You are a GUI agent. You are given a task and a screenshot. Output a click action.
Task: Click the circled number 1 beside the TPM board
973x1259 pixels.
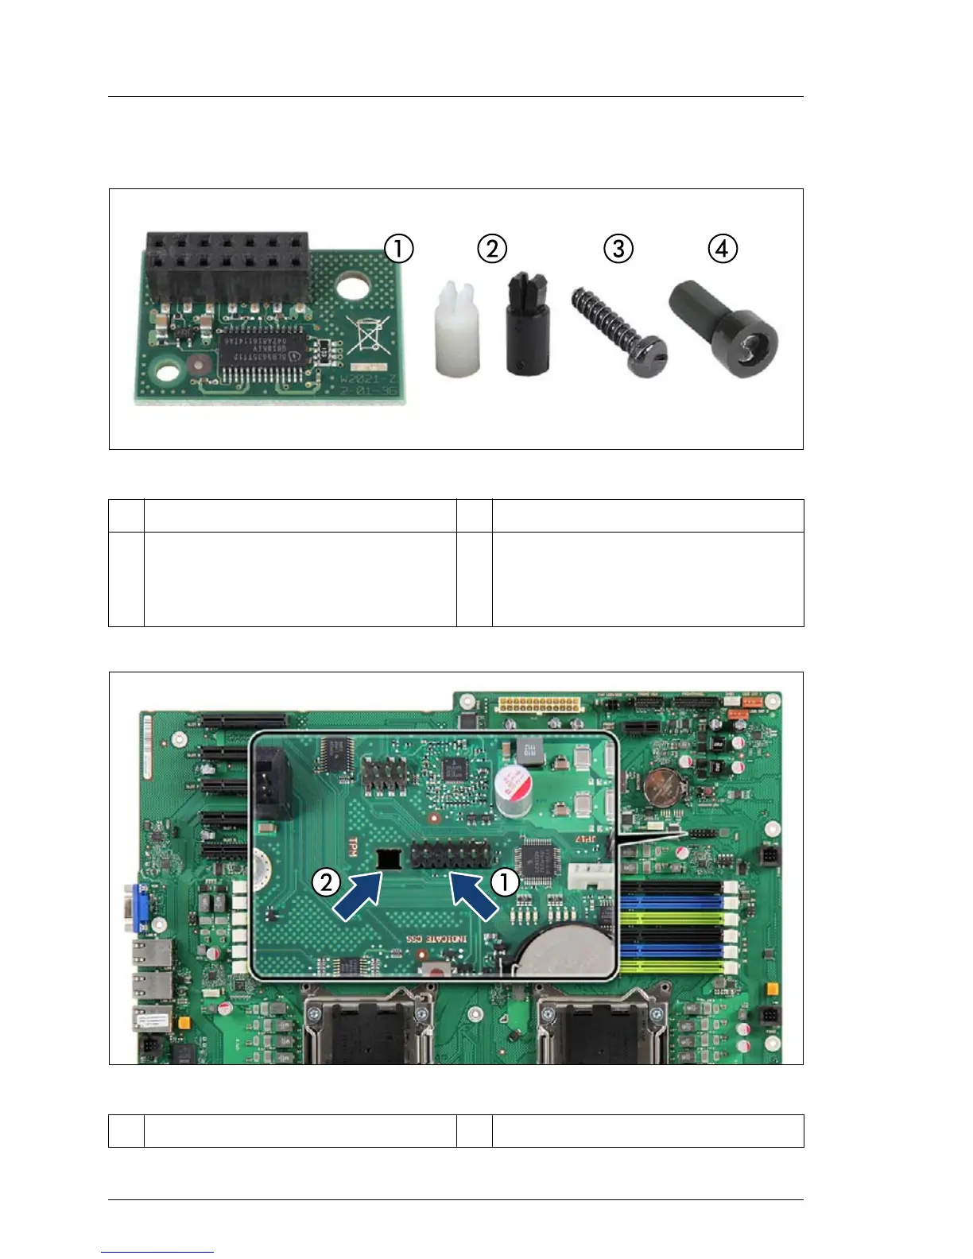[x=398, y=249]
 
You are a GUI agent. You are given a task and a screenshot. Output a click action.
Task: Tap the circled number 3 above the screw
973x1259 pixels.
[x=618, y=249]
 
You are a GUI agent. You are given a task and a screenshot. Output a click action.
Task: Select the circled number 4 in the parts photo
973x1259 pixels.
[x=722, y=249]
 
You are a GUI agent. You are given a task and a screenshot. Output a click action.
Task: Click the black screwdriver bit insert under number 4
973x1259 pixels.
[x=724, y=329]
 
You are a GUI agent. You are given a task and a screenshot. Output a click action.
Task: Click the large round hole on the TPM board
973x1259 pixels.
[x=355, y=286]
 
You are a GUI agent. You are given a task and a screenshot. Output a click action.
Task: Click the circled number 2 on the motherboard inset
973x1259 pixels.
[x=327, y=881]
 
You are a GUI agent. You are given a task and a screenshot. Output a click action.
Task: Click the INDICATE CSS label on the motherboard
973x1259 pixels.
[x=436, y=939]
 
